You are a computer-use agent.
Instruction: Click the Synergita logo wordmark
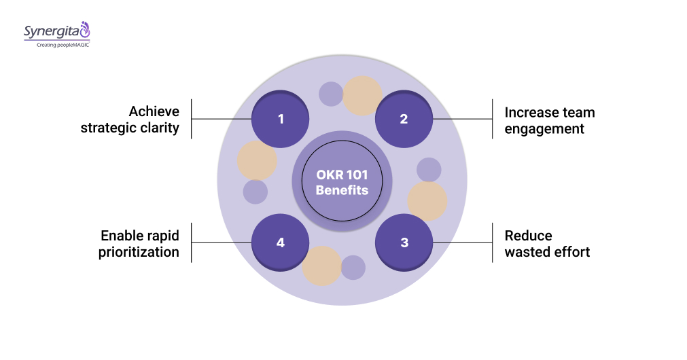tap(52, 31)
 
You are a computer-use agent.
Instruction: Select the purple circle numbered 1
tap(281, 119)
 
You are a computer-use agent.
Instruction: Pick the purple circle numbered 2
tap(404, 119)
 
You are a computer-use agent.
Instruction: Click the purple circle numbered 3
tap(404, 242)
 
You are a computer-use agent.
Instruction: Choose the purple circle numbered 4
tap(281, 242)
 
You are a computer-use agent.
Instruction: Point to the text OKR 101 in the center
tap(342, 174)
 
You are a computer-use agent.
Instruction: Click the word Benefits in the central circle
tap(342, 190)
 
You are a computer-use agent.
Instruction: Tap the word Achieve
tap(154, 111)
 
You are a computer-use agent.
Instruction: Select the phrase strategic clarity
tap(130, 128)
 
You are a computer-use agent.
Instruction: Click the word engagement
tap(544, 128)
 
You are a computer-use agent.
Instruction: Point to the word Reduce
tap(528, 236)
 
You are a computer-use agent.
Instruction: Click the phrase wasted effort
tap(547, 252)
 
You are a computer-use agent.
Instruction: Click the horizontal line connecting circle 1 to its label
tap(221, 119)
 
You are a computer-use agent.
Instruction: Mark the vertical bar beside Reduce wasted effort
tap(492, 242)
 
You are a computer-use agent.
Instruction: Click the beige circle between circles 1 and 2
tap(362, 96)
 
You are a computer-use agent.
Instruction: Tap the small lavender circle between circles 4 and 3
tap(353, 267)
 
